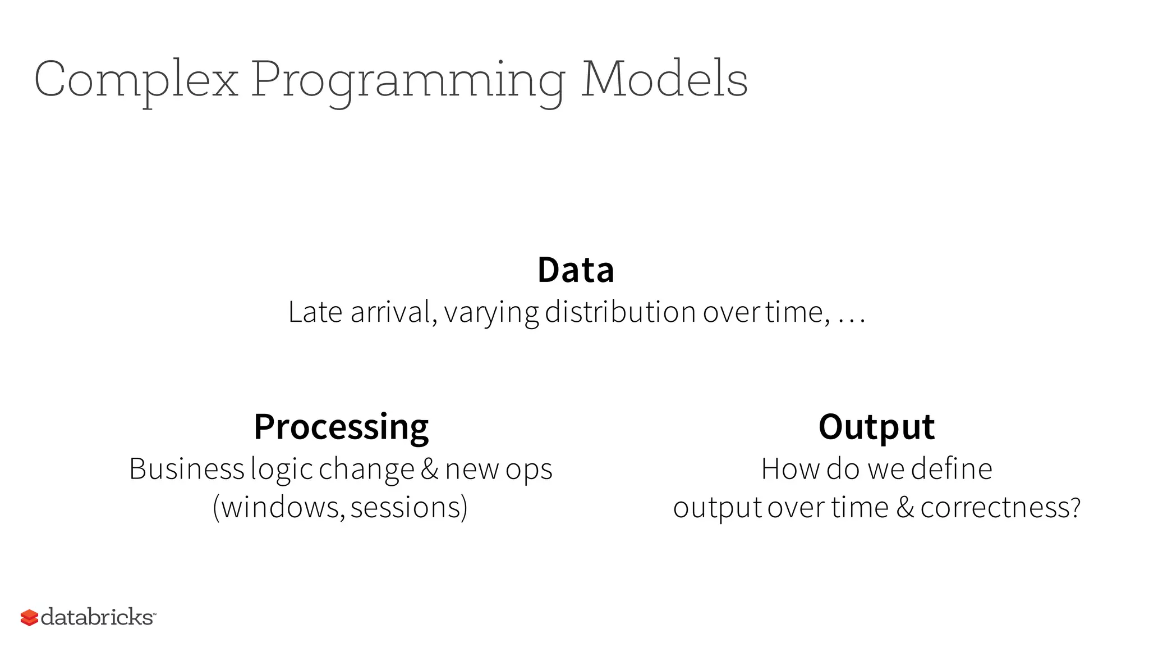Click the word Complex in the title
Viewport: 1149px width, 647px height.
coord(136,80)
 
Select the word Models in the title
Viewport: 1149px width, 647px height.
coord(665,80)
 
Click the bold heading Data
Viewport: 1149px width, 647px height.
coord(576,270)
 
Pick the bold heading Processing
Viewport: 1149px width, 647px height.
coord(341,427)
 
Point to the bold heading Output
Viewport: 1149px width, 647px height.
coord(876,427)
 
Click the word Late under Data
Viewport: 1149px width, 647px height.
coord(315,312)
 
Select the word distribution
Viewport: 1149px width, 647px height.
coord(620,312)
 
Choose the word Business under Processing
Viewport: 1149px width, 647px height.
coord(186,469)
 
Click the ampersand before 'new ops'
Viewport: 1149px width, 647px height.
coord(429,470)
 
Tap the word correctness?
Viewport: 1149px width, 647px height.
coord(1000,508)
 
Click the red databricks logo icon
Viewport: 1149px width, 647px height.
coord(29,618)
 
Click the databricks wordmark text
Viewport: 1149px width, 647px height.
coord(97,617)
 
